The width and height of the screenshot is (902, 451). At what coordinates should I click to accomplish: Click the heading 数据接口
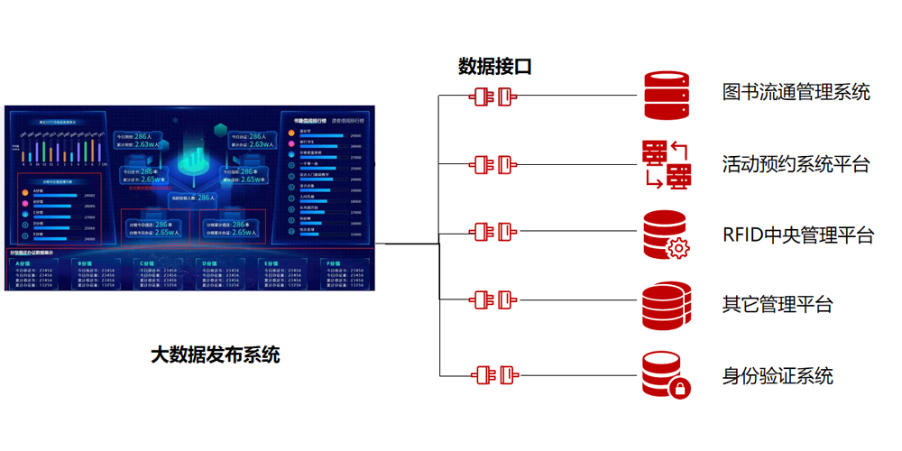[x=494, y=66]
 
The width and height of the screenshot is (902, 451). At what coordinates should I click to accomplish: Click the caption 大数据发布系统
[x=216, y=354]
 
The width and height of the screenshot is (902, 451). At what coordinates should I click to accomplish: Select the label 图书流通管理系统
[x=796, y=92]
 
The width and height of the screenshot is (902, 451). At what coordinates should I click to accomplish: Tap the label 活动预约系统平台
[x=796, y=164]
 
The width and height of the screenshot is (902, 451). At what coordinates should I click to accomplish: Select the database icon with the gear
[x=667, y=235]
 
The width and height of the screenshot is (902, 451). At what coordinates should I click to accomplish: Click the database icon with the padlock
[x=667, y=375]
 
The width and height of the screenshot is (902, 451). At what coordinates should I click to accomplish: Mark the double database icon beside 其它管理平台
[x=667, y=305]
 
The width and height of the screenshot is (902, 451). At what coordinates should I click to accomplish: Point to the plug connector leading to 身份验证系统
[x=493, y=375]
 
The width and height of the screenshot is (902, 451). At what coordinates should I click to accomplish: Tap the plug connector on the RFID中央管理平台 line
[x=493, y=233]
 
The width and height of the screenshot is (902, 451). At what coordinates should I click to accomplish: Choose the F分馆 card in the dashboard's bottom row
[x=344, y=274]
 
